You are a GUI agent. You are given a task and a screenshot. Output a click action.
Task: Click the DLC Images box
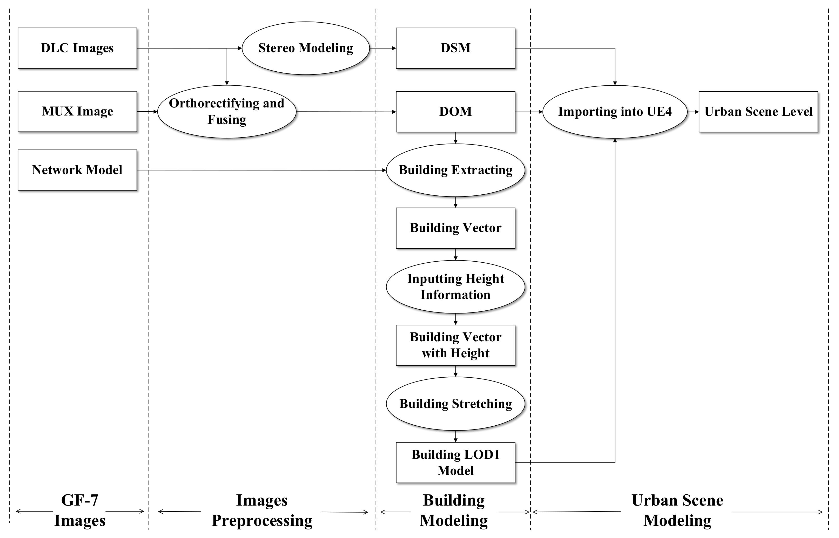click(x=77, y=48)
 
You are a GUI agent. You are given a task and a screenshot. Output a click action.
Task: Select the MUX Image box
click(x=77, y=111)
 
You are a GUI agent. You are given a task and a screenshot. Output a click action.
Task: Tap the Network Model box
click(x=77, y=170)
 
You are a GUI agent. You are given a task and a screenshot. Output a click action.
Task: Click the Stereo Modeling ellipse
click(x=305, y=48)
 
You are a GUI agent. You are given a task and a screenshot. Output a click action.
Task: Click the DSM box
click(x=455, y=48)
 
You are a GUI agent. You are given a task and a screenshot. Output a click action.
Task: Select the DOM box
click(x=455, y=112)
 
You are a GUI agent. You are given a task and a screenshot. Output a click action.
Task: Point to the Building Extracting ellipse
click(x=455, y=170)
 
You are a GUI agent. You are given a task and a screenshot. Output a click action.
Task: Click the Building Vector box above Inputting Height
click(x=455, y=228)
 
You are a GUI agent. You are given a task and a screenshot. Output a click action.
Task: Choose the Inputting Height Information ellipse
click(x=455, y=287)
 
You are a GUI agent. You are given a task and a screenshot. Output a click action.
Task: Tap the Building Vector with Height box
click(x=455, y=345)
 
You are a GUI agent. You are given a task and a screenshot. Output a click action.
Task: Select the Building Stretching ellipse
click(x=455, y=404)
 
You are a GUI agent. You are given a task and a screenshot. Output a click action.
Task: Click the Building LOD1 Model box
click(x=455, y=462)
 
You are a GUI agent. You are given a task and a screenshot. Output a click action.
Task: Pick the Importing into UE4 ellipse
click(x=615, y=112)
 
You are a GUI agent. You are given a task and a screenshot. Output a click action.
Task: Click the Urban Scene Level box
click(x=758, y=112)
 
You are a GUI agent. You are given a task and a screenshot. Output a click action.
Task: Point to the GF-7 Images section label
click(x=80, y=510)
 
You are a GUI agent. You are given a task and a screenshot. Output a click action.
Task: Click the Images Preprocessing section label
click(x=262, y=510)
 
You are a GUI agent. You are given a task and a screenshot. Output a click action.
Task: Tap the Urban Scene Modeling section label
click(x=677, y=510)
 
